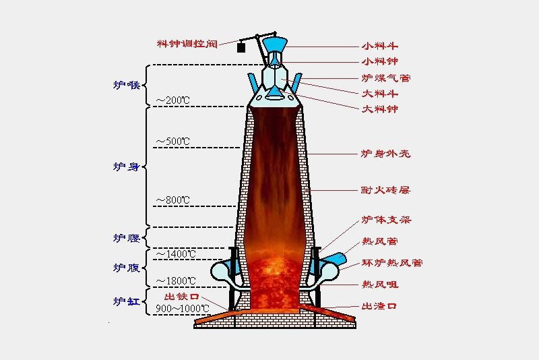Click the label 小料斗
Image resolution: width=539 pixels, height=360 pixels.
(379, 47)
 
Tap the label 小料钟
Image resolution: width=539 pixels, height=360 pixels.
(379, 61)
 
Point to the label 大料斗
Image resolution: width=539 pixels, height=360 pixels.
(379, 93)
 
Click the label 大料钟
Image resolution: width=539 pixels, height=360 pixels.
(379, 109)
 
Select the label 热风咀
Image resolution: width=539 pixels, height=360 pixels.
(379, 284)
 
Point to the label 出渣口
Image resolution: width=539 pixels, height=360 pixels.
(379, 306)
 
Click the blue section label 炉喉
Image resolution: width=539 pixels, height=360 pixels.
(126, 85)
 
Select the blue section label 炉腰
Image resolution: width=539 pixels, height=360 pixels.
(126, 238)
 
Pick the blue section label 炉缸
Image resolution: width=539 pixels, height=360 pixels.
(126, 301)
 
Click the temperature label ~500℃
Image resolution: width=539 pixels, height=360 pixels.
(173, 142)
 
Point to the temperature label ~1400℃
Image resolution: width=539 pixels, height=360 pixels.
(176, 253)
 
